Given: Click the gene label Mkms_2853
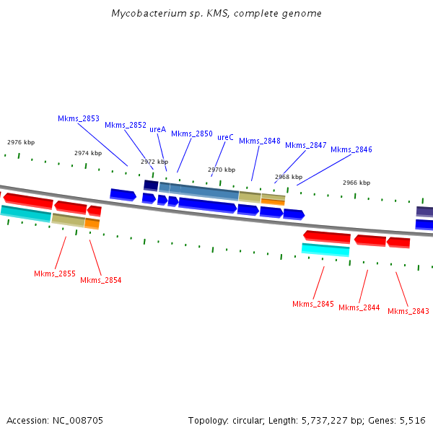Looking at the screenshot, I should click(x=79, y=118).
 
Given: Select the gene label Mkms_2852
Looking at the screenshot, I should click(x=126, y=125).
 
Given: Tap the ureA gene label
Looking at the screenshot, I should click(x=157, y=129).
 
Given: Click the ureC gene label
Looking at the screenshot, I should click(x=225, y=137).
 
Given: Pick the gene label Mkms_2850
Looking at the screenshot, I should click(x=192, y=134).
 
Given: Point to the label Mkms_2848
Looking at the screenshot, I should click(x=260, y=141).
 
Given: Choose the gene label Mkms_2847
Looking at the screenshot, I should click(x=306, y=145).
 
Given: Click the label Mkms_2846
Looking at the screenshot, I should click(x=351, y=149).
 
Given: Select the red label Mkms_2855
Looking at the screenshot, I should click(x=55, y=274).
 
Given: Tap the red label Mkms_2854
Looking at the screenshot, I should click(x=101, y=280).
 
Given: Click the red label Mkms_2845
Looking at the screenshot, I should click(x=313, y=304).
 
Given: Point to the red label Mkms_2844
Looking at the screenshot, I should click(x=359, y=307).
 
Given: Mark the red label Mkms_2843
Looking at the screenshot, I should click(x=408, y=311).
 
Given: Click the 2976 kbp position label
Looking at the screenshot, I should click(x=21, y=142).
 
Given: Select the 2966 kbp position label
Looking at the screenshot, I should click(x=357, y=183).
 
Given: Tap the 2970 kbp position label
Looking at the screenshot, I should click(x=222, y=170).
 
